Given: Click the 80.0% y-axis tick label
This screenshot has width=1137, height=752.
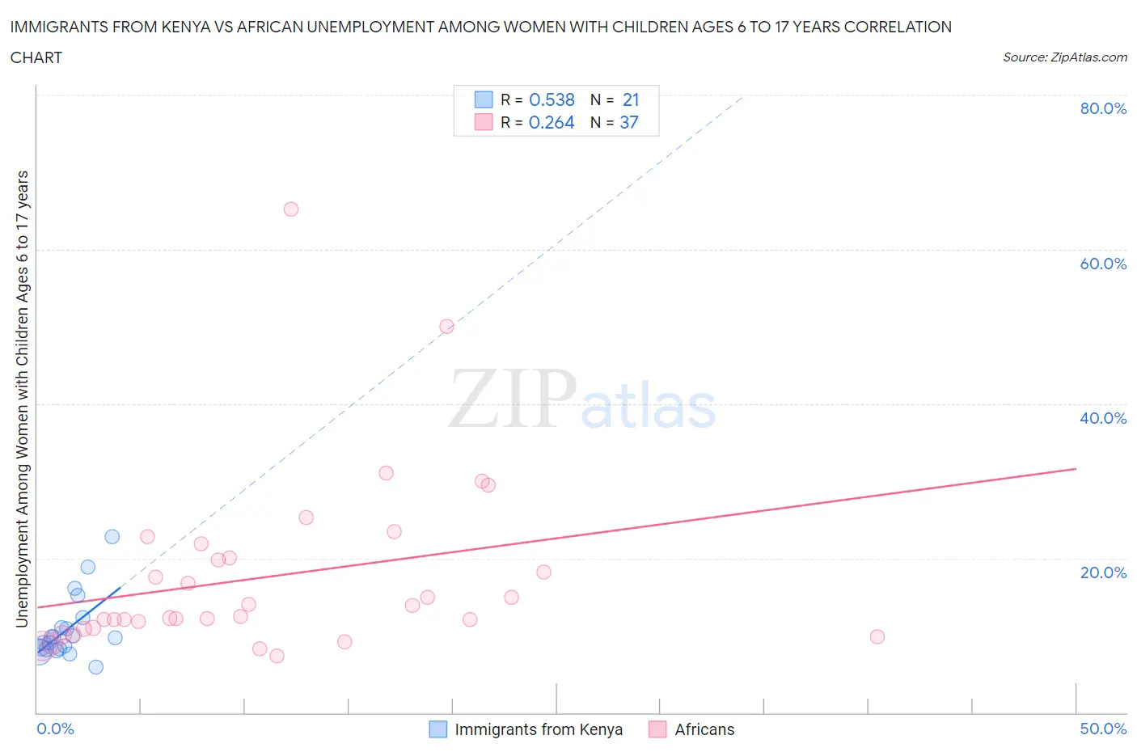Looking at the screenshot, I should coord(1103,108).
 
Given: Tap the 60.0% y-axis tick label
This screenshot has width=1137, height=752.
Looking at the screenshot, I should coord(1103,264).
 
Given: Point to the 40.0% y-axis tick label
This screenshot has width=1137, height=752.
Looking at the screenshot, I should coord(1103,418).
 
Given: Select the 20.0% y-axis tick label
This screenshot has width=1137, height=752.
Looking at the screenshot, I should coord(1103,572).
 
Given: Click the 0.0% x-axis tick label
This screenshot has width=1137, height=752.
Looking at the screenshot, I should coord(55,729).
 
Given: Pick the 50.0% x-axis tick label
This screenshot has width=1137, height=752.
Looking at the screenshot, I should coord(1103,729).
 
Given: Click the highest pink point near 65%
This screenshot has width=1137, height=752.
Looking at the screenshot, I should coord(291,209).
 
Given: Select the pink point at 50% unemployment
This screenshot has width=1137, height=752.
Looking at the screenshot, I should coord(446,327).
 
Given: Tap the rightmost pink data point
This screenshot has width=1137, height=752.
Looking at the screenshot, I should coord(877,636).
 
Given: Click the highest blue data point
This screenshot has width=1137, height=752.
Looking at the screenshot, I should coord(112,537).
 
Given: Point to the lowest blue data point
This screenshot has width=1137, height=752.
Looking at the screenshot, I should coord(96,667).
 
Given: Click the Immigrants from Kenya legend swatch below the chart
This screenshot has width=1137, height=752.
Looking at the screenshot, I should coord(437,729).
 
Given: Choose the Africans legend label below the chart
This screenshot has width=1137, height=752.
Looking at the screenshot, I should coord(704,729).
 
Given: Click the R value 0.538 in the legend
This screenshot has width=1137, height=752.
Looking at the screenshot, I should coord(552,99).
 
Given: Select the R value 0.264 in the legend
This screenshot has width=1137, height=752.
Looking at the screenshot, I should coord(552,122).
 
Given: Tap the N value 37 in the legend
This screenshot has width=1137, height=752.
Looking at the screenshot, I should coord(629,122).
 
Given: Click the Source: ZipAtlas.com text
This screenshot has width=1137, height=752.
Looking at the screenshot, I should coord(1064,57).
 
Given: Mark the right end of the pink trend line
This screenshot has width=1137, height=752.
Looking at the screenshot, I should coord(1076,469).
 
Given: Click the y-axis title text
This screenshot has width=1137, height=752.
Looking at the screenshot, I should coord(23,399).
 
